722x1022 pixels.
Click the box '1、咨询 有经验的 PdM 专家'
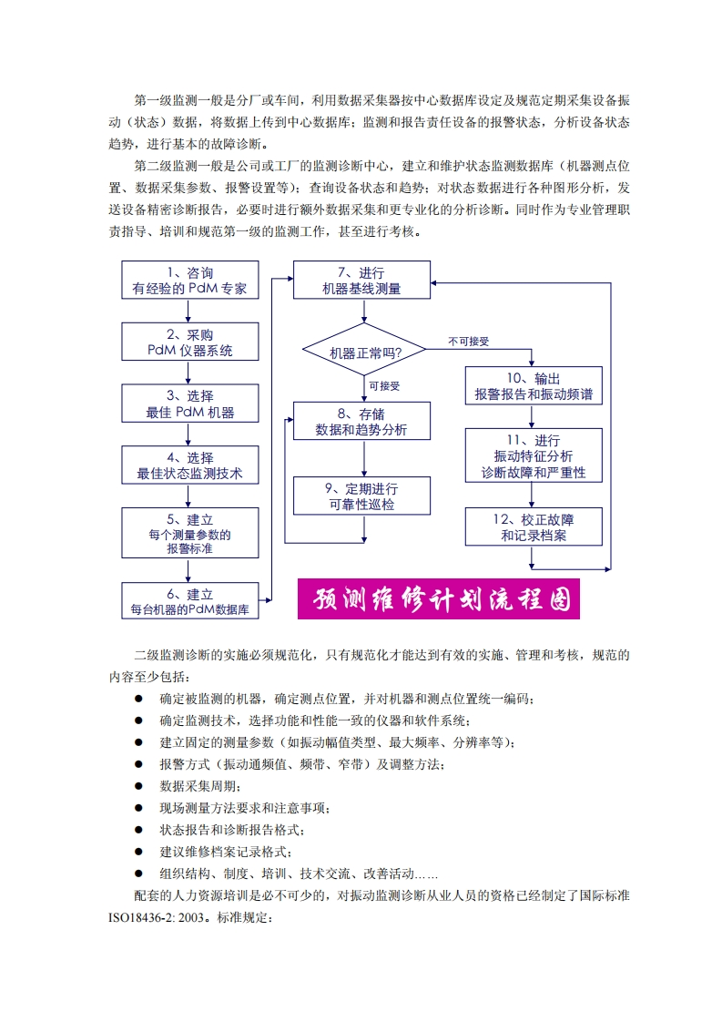[x=189, y=281]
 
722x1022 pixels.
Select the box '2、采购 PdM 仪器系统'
[x=189, y=342]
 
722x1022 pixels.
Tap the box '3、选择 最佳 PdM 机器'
[x=189, y=404]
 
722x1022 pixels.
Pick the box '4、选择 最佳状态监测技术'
[x=189, y=465]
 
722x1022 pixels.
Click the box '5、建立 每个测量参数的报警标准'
[x=189, y=533]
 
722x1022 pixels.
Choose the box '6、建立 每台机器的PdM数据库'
[x=189, y=602]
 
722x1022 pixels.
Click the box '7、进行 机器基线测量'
[x=361, y=281]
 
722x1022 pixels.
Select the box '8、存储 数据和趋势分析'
[x=361, y=422]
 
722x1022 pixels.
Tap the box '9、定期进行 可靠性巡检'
[x=361, y=496]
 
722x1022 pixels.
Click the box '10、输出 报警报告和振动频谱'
[x=534, y=386]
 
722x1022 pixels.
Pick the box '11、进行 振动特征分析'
[x=534, y=456]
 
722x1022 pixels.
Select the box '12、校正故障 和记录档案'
[x=534, y=527]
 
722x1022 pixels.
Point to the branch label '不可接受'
[x=469, y=341]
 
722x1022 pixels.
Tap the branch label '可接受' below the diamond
[x=384, y=385]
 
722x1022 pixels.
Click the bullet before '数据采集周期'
[x=139, y=785]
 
